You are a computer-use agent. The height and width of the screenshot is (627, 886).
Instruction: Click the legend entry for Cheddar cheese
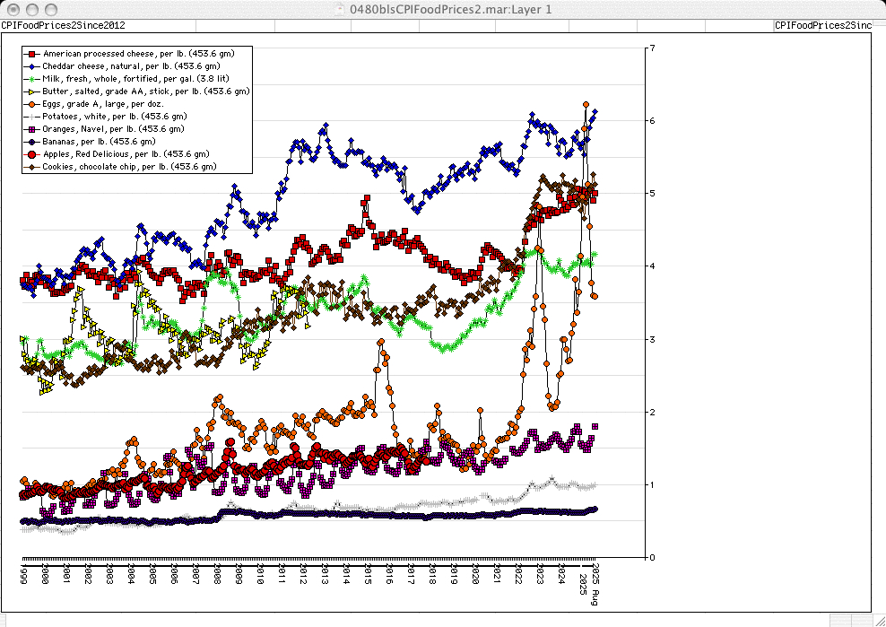click(131, 66)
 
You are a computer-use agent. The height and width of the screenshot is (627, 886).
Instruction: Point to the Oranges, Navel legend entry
click(111, 129)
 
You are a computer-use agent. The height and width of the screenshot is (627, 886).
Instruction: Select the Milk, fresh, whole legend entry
click(135, 79)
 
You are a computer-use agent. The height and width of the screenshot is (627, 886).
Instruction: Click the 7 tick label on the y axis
click(652, 48)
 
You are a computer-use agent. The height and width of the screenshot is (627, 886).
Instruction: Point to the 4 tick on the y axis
click(652, 266)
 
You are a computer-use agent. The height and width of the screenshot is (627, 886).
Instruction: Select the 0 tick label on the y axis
click(652, 557)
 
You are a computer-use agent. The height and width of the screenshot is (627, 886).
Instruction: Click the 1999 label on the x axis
click(24, 575)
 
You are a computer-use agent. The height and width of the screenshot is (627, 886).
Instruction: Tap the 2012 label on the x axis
click(303, 575)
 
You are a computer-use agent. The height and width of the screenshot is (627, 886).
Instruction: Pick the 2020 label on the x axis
click(475, 575)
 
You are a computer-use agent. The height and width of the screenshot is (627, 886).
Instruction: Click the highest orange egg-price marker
click(586, 105)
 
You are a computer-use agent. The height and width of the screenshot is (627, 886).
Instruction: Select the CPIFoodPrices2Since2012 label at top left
click(63, 25)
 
